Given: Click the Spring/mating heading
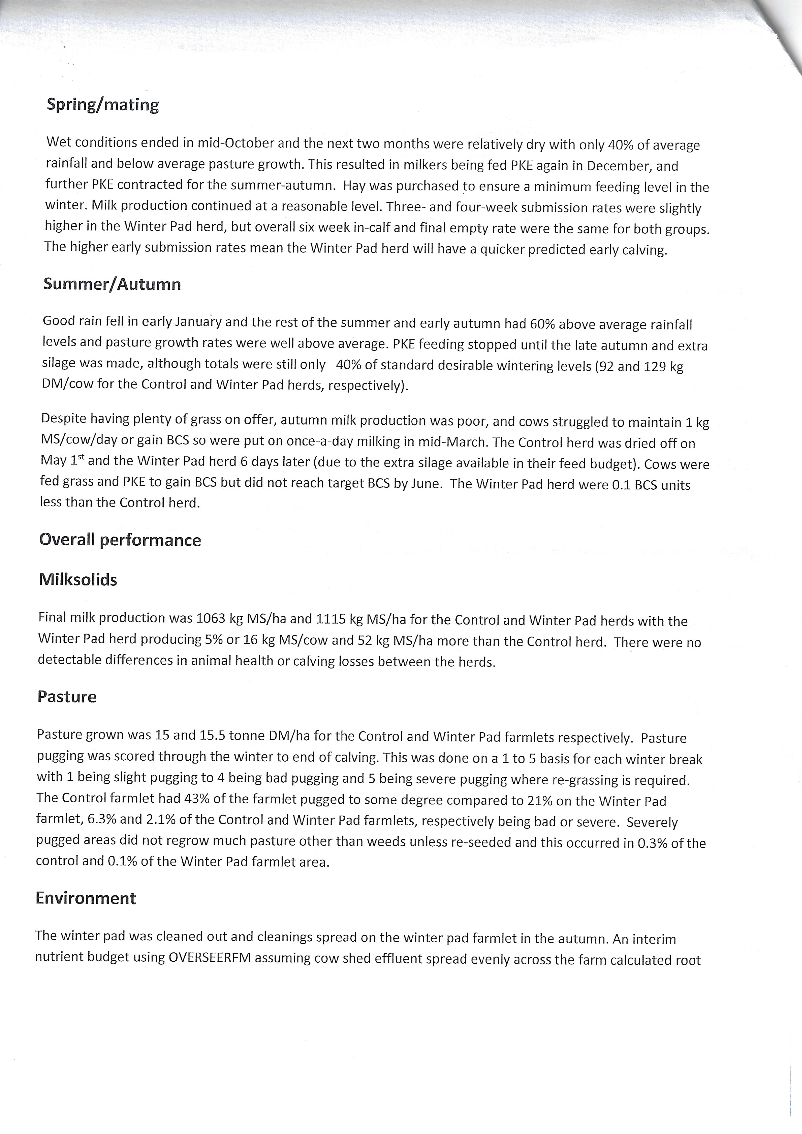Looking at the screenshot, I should [x=103, y=105].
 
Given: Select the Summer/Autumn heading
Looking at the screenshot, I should [x=112, y=284].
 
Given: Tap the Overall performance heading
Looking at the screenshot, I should [x=120, y=540].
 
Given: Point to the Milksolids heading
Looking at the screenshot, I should [x=78, y=580].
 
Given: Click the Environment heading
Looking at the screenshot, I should [x=85, y=898].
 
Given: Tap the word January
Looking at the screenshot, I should [x=198, y=322].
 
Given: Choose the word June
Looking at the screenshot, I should [x=425, y=484].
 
